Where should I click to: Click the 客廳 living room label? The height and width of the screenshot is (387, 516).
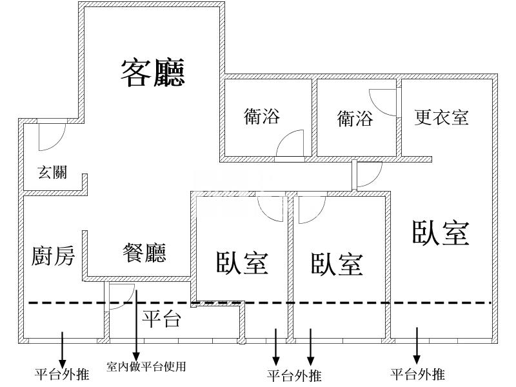[x=153, y=72]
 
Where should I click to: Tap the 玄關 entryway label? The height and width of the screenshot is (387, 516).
[x=52, y=172]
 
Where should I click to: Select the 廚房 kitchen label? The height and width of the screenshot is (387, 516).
[x=53, y=256]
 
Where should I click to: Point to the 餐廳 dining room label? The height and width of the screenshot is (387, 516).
[x=144, y=252]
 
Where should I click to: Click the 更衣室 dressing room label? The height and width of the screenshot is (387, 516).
[x=441, y=117]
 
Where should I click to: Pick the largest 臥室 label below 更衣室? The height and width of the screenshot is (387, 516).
[x=440, y=232]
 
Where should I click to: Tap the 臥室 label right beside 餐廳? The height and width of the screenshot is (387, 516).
[x=242, y=262]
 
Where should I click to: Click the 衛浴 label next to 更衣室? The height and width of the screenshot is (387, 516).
[x=355, y=119]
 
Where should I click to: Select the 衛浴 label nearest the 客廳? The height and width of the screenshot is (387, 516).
[x=262, y=116]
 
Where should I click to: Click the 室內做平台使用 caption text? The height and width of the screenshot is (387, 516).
[x=146, y=367]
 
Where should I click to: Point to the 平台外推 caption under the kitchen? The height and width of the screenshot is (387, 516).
[x=62, y=374]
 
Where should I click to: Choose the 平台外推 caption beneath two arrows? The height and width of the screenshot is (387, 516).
[x=293, y=375]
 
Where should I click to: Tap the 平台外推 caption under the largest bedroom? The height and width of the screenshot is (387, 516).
[x=417, y=374]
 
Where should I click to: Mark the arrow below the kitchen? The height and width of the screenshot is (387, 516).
[x=62, y=347]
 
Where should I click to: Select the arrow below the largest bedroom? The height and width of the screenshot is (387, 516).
[x=417, y=345]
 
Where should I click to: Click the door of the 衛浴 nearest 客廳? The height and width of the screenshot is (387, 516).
[x=290, y=145]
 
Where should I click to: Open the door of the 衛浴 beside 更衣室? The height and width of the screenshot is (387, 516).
[x=382, y=102]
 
